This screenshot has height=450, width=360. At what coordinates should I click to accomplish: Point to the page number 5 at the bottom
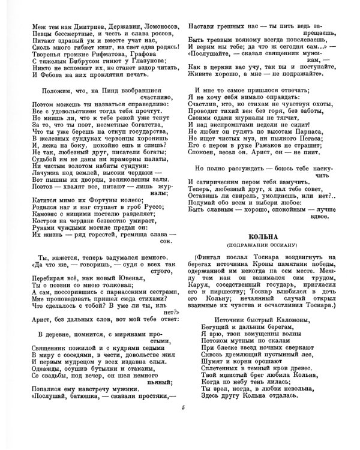184,425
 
